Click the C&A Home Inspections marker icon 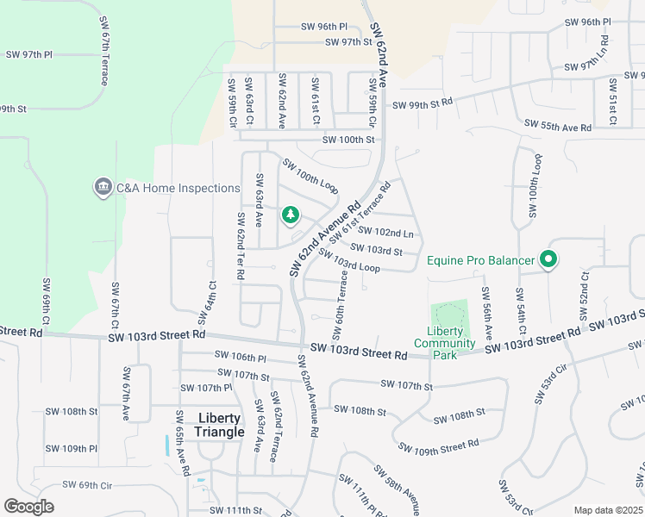coord(103,188)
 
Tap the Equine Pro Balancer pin coord(547,258)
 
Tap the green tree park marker coord(291,215)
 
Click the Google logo coord(29,507)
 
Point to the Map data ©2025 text coord(607,510)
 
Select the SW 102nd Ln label coord(385,232)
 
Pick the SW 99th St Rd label coord(423,104)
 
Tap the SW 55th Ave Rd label coord(560,128)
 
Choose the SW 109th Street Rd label coord(438,445)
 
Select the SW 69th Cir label coord(83,486)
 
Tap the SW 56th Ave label coord(487,311)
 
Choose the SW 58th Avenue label coord(397,489)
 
